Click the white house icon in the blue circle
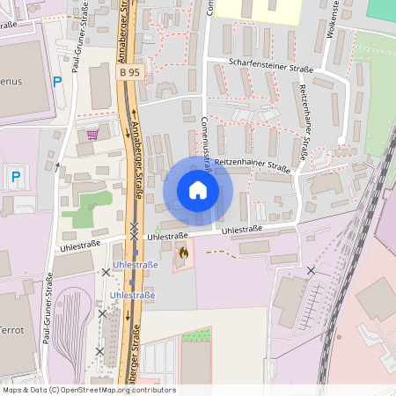pyautogui.click(x=197, y=190)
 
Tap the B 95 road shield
pyautogui.click(x=128, y=72)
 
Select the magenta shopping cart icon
pyautogui.click(x=92, y=134)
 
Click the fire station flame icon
pyautogui.click(x=183, y=253)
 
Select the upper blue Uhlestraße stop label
pyautogui.click(x=135, y=265)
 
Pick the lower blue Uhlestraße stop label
pyautogui.click(x=132, y=296)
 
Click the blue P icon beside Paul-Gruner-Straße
pyautogui.click(x=57, y=82)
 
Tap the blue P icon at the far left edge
pyautogui.click(x=15, y=177)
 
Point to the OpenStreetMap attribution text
pyautogui.click(x=88, y=390)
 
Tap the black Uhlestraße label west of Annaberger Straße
pyautogui.click(x=81, y=243)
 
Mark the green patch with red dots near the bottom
pyautogui.click(x=195, y=335)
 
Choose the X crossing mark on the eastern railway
pyautogui.click(x=310, y=270)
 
